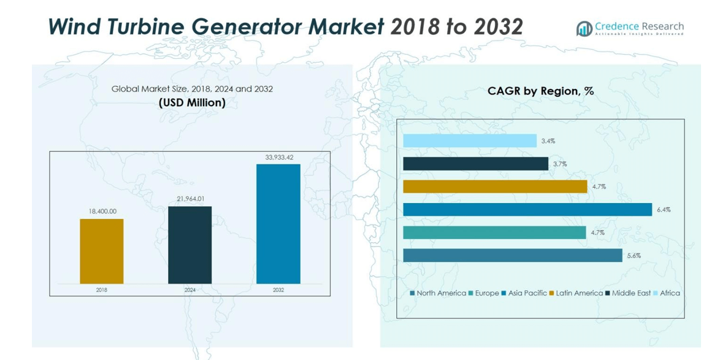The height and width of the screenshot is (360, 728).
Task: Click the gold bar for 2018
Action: click(102, 251)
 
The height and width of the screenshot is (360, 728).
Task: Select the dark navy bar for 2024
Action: click(190, 245)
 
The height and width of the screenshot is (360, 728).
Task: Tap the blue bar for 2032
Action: click(278, 224)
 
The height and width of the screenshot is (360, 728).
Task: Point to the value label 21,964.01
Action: click(190, 200)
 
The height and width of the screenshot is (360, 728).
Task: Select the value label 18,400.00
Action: click(102, 212)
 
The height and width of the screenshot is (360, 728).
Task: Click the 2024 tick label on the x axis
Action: click(190, 290)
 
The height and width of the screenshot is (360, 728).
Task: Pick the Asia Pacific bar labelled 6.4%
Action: click(527, 210)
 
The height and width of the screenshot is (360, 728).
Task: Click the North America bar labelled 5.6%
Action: click(513, 256)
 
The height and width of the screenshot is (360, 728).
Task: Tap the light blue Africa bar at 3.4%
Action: click(470, 140)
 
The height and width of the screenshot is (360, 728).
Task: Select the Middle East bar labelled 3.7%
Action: click(475, 164)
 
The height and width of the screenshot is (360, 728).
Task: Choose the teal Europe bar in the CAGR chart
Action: click(494, 232)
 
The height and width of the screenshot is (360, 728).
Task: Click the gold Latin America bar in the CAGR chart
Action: click(495, 186)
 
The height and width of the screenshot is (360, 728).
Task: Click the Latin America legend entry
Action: click(576, 293)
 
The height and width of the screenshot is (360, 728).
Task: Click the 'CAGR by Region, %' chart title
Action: click(540, 91)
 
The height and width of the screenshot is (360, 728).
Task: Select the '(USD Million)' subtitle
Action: click(192, 103)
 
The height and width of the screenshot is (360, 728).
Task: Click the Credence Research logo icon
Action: click(584, 28)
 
